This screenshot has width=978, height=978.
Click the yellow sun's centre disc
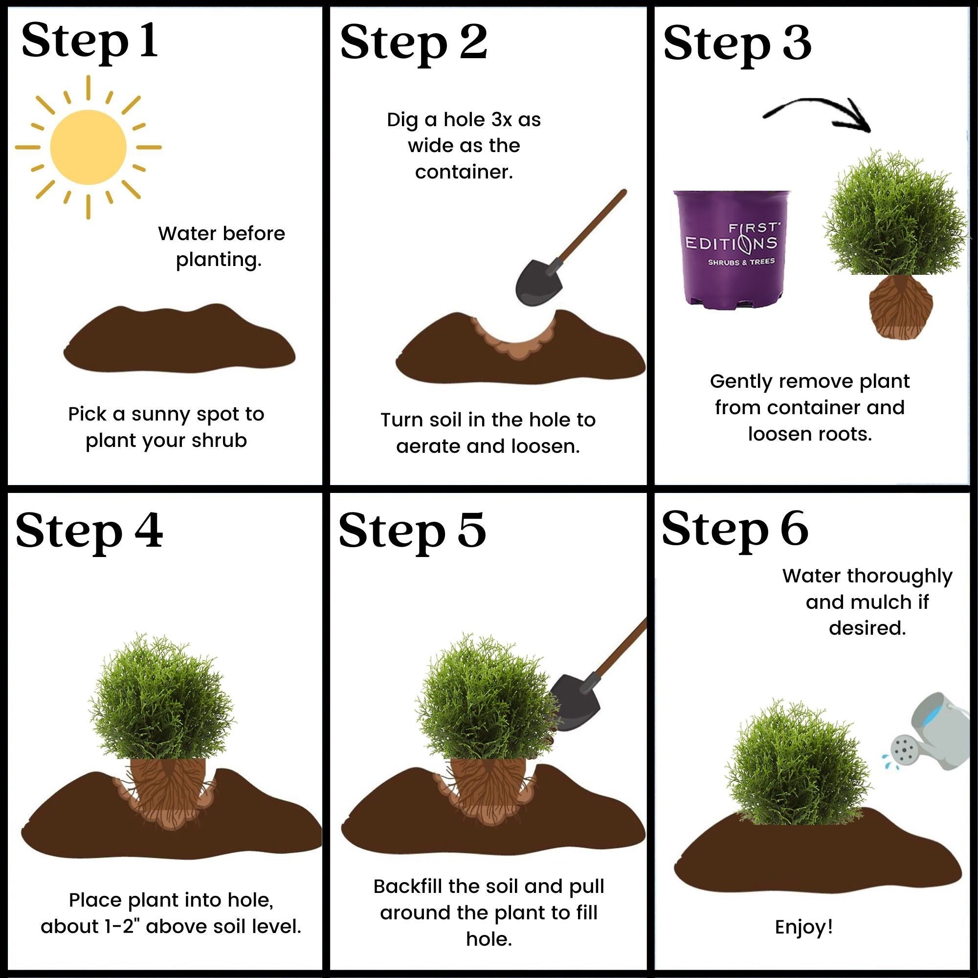click(88, 147)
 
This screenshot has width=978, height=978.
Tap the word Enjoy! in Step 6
click(804, 927)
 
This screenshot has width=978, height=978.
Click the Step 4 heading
click(89, 531)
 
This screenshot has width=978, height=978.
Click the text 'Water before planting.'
click(221, 246)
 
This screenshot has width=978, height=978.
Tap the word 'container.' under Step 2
click(464, 172)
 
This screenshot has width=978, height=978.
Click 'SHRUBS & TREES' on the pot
click(740, 262)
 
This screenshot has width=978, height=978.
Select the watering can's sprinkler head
click(905, 751)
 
